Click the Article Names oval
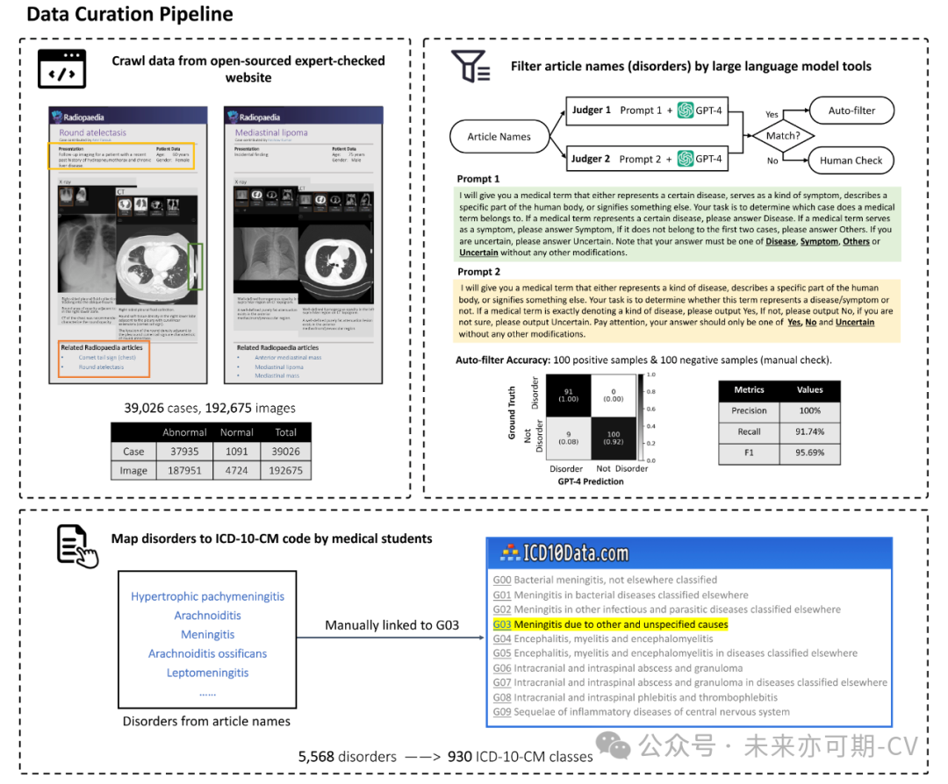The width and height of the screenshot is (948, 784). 499,137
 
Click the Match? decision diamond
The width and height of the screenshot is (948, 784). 783,136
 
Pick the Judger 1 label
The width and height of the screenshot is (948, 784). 591,110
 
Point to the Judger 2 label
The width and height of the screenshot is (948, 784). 591,159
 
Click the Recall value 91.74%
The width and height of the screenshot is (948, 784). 809,431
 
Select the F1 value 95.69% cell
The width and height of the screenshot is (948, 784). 809,452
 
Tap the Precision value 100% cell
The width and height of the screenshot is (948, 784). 809,410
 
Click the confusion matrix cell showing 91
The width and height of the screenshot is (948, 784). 567,395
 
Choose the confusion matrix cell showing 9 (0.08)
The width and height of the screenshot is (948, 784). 567,437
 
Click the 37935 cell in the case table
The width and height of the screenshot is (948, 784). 183,452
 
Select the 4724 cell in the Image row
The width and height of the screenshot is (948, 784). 236,470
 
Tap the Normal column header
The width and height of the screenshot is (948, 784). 236,432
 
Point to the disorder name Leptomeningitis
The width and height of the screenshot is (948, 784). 207,673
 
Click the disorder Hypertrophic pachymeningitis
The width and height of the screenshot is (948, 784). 207,596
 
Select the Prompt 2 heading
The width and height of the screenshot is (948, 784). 478,272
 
